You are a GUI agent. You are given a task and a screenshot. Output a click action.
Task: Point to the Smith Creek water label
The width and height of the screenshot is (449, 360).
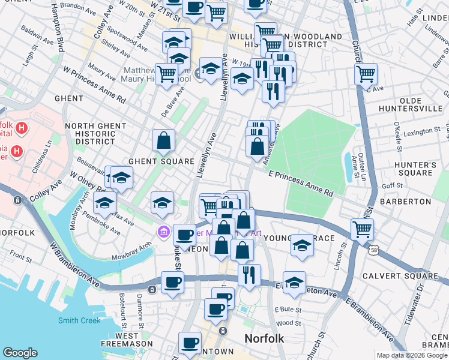(79, 320)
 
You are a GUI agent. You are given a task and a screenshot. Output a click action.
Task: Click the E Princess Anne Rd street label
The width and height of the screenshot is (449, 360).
(300, 183)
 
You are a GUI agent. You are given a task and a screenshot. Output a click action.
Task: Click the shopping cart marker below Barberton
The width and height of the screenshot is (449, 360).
(362, 228)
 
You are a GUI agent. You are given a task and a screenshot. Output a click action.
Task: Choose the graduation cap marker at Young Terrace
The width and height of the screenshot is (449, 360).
(302, 245)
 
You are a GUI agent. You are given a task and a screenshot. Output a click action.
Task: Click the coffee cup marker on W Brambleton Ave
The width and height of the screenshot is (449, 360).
(172, 282)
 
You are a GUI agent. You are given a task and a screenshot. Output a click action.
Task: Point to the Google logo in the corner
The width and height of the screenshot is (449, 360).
(20, 353)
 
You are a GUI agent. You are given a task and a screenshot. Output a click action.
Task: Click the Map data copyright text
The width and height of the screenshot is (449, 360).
(412, 355)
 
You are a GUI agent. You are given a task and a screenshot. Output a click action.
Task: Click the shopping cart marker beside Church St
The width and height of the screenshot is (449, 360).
(365, 74)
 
